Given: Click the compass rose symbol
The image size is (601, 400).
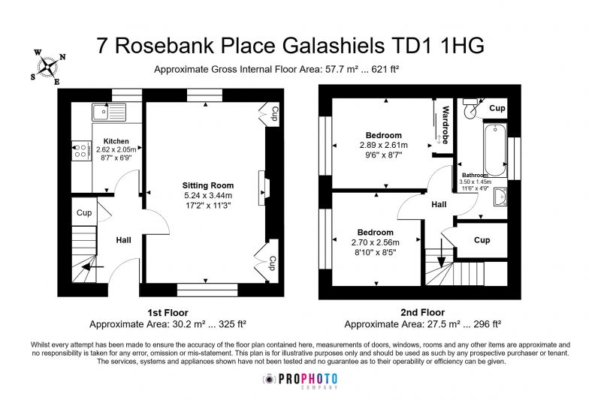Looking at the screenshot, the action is pyautogui.click(x=48, y=67).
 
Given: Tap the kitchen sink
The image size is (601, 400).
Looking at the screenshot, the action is pyautogui.click(x=109, y=112).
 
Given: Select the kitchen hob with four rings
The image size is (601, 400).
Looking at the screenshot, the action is pyautogui.click(x=81, y=151).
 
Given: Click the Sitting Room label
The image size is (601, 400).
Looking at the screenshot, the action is pyautogui.click(x=208, y=185).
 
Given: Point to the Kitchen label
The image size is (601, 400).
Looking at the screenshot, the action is pyautogui.click(x=116, y=141).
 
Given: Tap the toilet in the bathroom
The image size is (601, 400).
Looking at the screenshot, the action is pyautogui.click(x=470, y=108).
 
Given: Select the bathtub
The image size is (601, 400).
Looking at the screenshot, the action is pyautogui.click(x=495, y=149).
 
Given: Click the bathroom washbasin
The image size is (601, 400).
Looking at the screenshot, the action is pyautogui.click(x=500, y=197).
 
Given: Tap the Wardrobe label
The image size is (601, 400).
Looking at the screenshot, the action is pyautogui.click(x=445, y=125).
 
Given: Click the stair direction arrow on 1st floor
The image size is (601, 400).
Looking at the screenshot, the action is pyautogui.click(x=92, y=266).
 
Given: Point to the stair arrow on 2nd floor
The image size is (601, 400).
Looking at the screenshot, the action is pyautogui.click(x=442, y=253).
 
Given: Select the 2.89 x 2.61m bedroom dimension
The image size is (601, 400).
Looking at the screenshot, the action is pyautogui.click(x=384, y=146).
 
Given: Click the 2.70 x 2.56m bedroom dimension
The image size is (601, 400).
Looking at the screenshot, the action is pyautogui.click(x=375, y=242).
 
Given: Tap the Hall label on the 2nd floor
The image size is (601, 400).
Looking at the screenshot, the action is pyautogui.click(x=439, y=204).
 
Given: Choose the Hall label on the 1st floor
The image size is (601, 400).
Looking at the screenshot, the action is pyautogui.click(x=123, y=240).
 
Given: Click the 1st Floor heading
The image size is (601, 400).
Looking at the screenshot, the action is pyautogui.click(x=168, y=313).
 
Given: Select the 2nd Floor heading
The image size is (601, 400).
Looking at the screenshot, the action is pyautogui.click(x=423, y=312).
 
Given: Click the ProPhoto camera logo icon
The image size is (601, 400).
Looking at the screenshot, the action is pyautogui.click(x=270, y=379).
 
